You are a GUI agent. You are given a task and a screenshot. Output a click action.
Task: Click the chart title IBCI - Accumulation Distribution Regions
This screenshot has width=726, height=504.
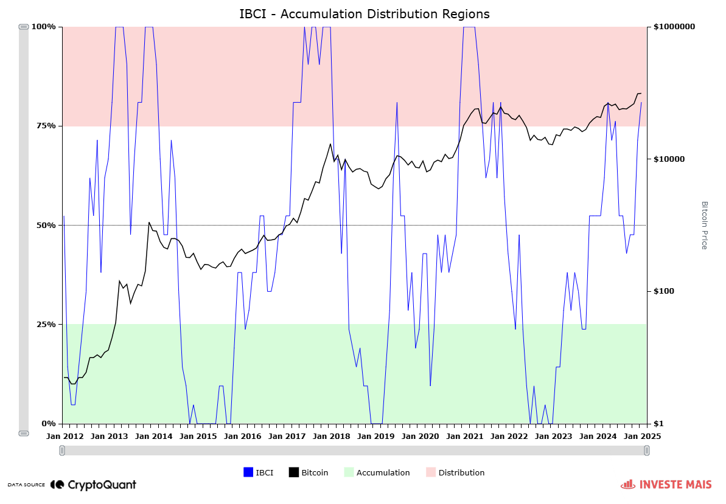(364, 13)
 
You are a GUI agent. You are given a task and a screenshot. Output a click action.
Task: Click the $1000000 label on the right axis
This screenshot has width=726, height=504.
(674, 27)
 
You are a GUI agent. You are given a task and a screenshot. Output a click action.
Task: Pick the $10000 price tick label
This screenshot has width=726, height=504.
(669, 159)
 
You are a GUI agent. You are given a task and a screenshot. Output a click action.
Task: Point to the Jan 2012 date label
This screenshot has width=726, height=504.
(65, 436)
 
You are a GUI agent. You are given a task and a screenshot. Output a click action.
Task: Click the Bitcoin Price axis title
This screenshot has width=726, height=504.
(704, 225)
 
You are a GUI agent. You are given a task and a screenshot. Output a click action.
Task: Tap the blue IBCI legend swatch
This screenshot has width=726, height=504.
(248, 472)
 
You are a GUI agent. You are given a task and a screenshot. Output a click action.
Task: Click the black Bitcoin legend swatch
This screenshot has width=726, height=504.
(294, 472)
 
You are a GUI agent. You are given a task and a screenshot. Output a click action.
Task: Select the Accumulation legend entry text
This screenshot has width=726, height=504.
(383, 472)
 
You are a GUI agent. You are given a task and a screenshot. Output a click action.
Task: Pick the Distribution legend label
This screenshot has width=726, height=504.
(461, 472)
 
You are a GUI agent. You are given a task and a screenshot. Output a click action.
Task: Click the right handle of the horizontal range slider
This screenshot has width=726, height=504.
(646, 450)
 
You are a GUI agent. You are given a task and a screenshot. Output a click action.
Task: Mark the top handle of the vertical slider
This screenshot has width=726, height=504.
(24, 27)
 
